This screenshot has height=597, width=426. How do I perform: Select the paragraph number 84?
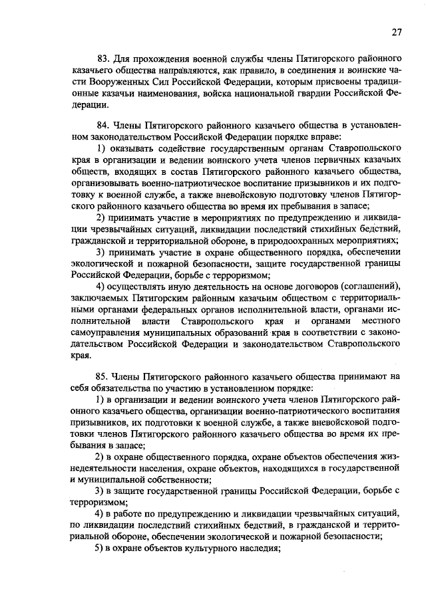pos(103,125)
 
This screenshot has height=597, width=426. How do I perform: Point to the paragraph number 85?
pos(103,376)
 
